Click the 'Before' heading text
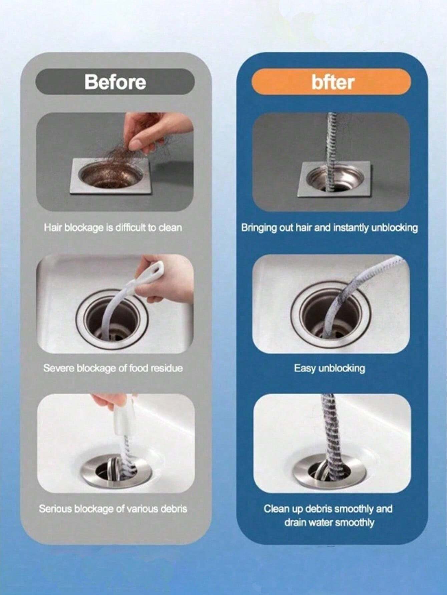click(115, 82)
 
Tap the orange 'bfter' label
click(332, 82)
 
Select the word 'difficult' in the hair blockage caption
click(130, 228)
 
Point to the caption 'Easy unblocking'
click(329, 368)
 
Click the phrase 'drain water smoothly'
click(329, 522)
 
